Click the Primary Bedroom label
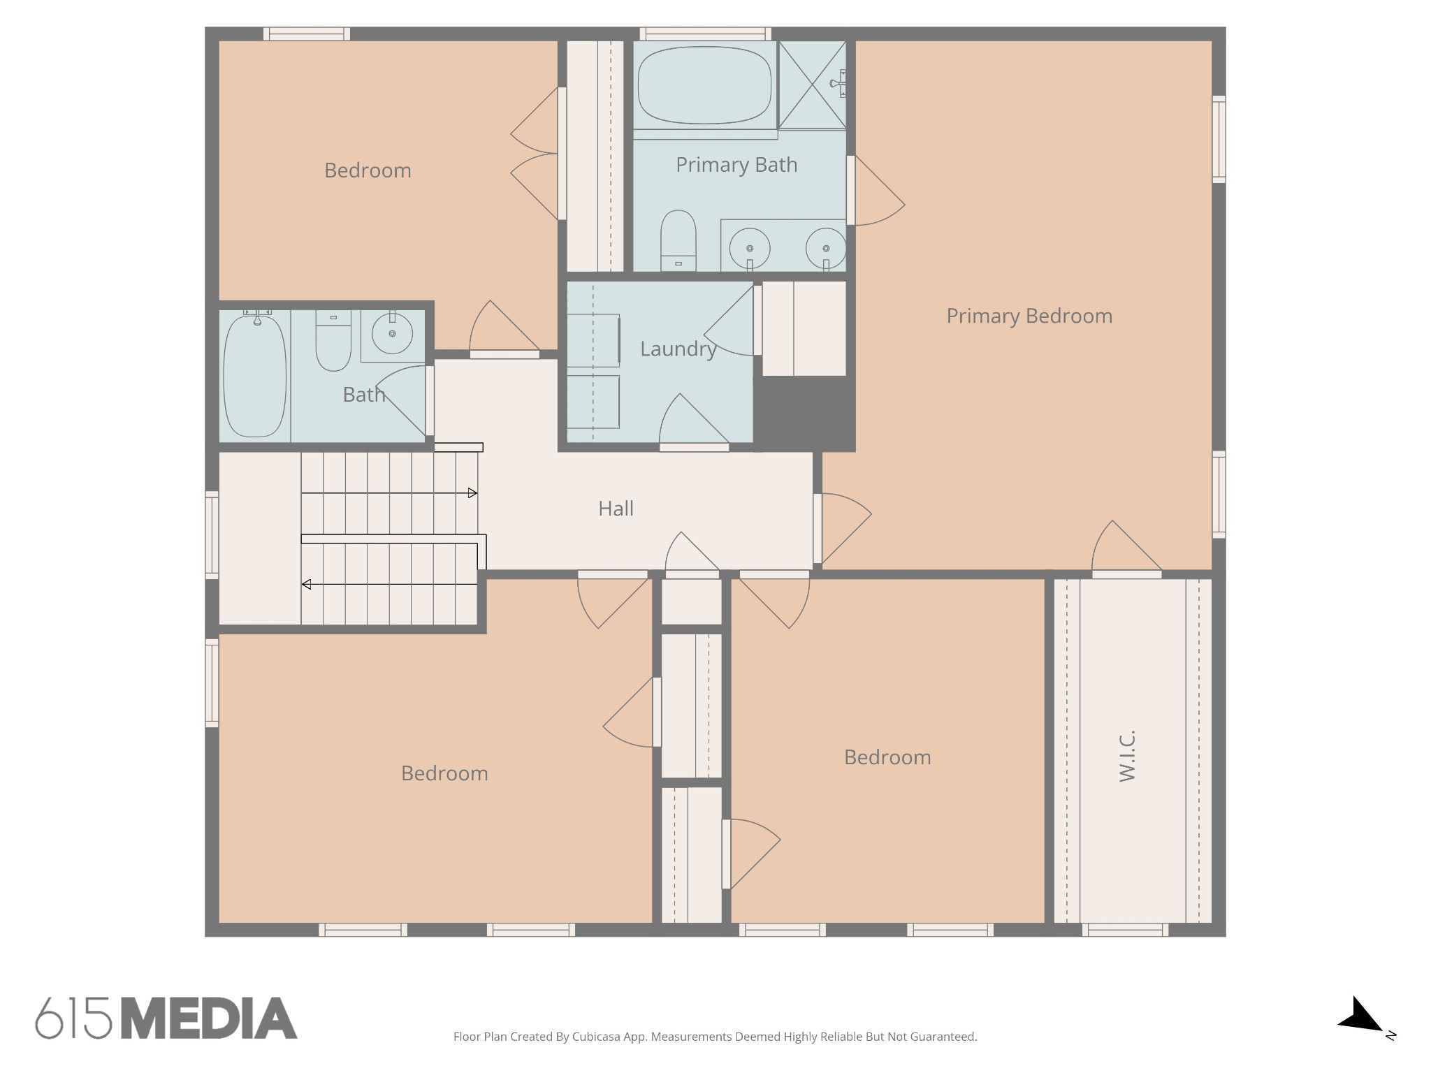pyautogui.click(x=1029, y=316)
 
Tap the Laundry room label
pyautogui.click(x=678, y=349)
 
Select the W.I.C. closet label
pyautogui.click(x=1127, y=756)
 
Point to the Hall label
pyautogui.click(x=616, y=509)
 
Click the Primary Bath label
pyautogui.click(x=736, y=165)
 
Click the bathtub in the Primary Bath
pyautogui.click(x=704, y=85)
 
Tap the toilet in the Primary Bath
pyautogui.click(x=678, y=240)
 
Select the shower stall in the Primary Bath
pyautogui.click(x=812, y=85)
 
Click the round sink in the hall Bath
pyautogui.click(x=392, y=334)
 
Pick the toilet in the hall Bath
pyautogui.click(x=333, y=341)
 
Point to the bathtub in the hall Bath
pyautogui.click(x=254, y=376)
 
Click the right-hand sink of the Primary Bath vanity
pyautogui.click(x=826, y=248)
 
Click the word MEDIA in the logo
pyautogui.click(x=209, y=1018)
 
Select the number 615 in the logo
pyautogui.click(x=73, y=1018)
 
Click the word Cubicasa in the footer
pyautogui.click(x=597, y=1037)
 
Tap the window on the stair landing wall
pyautogui.click(x=212, y=535)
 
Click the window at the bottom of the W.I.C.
pyautogui.click(x=1125, y=930)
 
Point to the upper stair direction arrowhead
pyautogui.click(x=473, y=493)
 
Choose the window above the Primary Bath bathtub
pyautogui.click(x=705, y=34)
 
